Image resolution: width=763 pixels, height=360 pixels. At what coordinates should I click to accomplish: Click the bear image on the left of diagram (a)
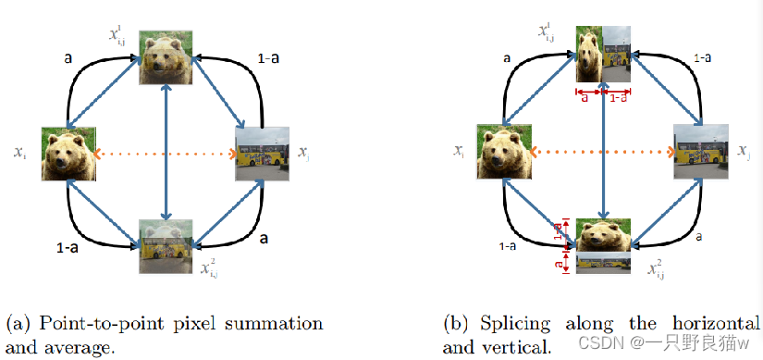68,154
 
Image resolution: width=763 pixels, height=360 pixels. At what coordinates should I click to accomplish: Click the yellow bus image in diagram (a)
263,154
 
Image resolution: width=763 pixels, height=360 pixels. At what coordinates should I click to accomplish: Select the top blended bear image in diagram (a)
166,57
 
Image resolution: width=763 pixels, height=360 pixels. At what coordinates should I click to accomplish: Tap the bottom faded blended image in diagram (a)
166,245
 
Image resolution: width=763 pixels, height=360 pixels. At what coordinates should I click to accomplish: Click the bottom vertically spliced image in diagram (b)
603,245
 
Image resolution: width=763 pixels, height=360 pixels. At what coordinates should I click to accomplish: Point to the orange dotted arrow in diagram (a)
166,154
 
